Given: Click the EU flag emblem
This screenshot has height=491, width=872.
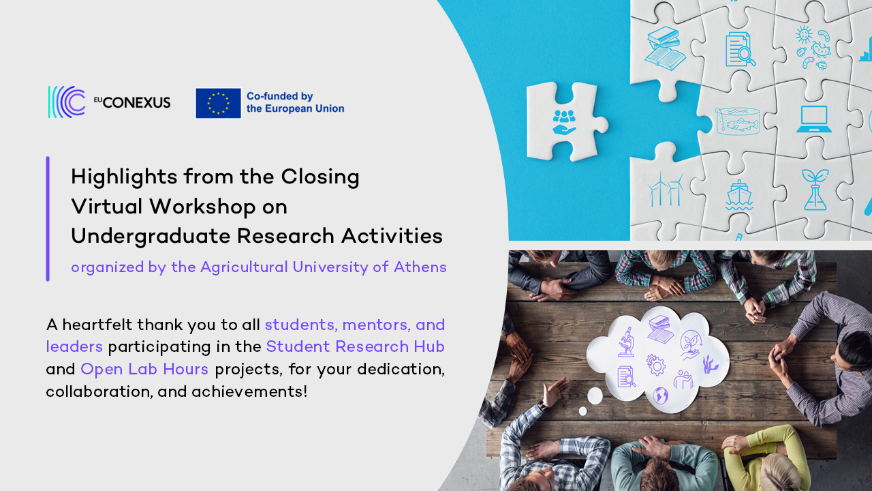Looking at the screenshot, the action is (x=218, y=103).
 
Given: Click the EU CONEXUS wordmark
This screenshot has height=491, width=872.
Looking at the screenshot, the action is (x=132, y=102).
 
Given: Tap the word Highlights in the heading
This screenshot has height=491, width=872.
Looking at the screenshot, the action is (x=124, y=177).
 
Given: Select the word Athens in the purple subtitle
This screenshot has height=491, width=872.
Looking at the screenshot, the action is (x=420, y=267).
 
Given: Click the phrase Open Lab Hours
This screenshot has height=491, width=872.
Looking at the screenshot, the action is (x=144, y=369).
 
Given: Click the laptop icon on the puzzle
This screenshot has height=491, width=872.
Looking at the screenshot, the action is (x=813, y=119).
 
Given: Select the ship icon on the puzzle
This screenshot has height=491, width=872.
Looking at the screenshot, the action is (x=738, y=195).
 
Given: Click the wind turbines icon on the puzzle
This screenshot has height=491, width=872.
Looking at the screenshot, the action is (x=666, y=189).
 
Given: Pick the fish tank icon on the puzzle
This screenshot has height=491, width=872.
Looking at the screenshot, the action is (x=737, y=121).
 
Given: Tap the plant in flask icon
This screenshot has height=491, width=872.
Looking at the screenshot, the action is (x=815, y=190).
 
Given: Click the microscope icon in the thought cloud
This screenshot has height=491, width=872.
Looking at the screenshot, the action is (x=626, y=342).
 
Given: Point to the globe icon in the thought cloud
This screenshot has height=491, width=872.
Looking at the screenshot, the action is (x=661, y=395).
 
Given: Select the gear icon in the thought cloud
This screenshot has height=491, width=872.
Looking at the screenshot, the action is (x=656, y=365).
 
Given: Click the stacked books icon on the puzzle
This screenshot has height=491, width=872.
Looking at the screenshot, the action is (x=665, y=48).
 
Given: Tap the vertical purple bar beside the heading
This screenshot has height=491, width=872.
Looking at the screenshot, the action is (x=48, y=219).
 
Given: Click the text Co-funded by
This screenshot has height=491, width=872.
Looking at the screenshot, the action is (x=280, y=96).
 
